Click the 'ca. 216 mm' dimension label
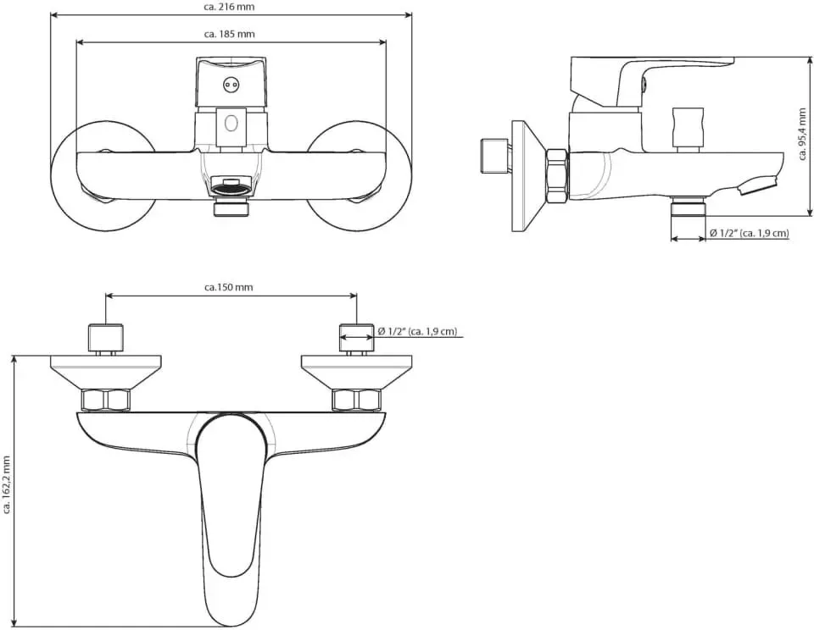(230, 8)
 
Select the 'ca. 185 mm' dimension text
(230, 34)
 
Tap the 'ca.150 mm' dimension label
(229, 287)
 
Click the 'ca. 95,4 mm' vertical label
(803, 135)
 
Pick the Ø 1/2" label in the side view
(749, 234)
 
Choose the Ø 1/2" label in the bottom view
(418, 331)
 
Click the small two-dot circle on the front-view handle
(231, 84)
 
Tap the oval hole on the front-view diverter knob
(231, 124)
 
